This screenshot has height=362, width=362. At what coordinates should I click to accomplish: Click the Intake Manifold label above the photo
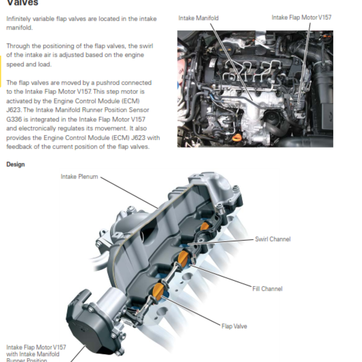[x=198, y=18]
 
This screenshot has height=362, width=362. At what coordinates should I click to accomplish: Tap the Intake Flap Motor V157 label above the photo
[x=301, y=17]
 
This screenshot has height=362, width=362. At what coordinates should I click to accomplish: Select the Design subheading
[x=16, y=164]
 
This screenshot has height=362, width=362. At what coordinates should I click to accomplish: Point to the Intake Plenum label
[x=79, y=177]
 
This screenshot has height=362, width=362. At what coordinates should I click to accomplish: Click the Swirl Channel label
[x=273, y=239]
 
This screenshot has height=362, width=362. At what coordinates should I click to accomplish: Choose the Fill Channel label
[x=267, y=289]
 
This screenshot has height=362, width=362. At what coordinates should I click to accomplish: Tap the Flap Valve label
[x=234, y=326]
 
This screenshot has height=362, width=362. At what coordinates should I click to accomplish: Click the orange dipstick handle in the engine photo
[x=236, y=138]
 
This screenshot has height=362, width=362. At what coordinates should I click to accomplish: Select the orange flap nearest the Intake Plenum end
[x=205, y=227]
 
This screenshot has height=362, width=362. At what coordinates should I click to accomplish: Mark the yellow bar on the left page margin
[x=1, y=71]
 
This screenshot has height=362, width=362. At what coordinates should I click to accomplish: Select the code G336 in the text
[x=15, y=119]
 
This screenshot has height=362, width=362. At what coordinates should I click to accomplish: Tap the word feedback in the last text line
[x=19, y=147]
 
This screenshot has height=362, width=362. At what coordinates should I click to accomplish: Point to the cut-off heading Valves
[x=22, y=3]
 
